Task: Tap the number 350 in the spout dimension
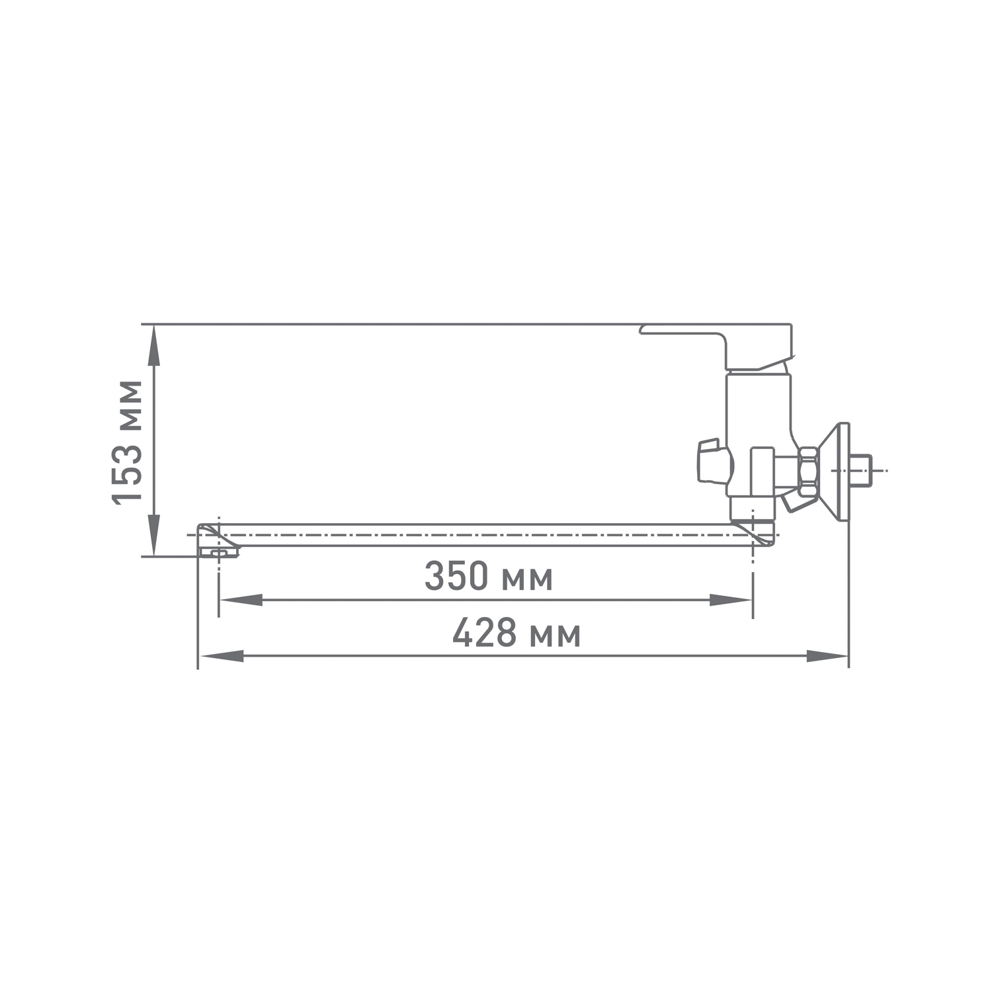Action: click(x=456, y=577)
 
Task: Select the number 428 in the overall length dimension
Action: click(x=485, y=634)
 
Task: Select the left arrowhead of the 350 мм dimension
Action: click(x=241, y=600)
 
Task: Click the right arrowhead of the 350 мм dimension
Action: click(x=731, y=600)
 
